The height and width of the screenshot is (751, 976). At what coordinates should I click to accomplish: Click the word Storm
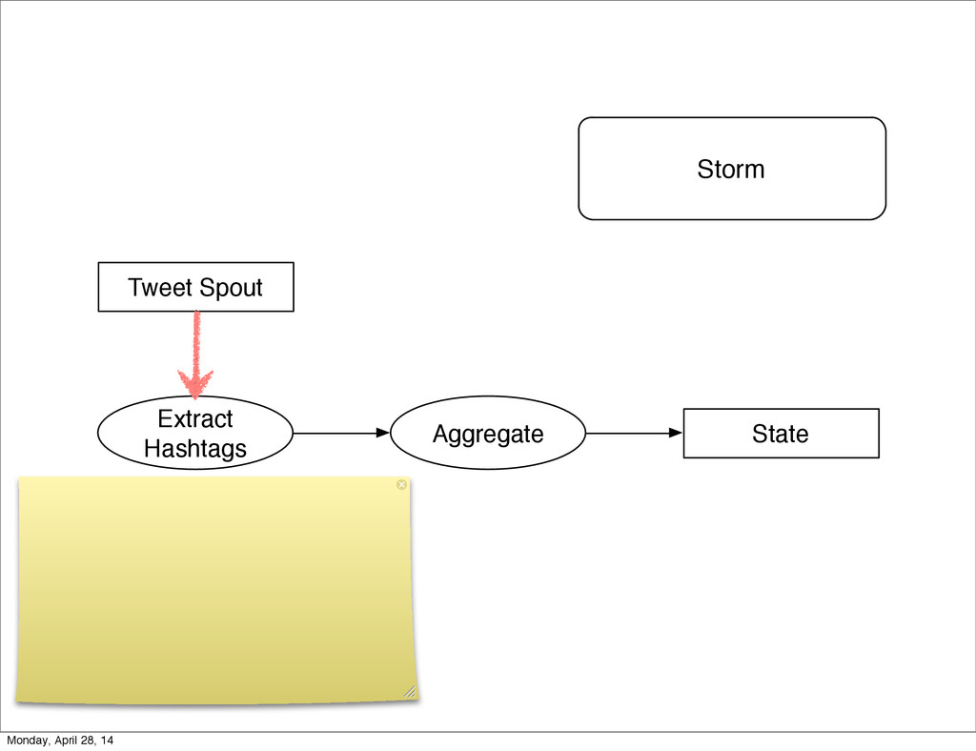point(730,170)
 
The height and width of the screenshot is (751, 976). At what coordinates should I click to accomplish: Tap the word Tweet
point(160,288)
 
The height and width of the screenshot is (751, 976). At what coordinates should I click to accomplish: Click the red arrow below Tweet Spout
point(196,343)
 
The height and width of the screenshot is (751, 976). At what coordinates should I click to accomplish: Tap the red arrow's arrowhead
point(196,383)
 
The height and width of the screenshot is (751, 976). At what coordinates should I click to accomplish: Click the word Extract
point(195,419)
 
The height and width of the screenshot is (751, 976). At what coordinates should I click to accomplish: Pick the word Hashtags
point(195,448)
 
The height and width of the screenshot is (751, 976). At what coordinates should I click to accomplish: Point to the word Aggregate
point(488,435)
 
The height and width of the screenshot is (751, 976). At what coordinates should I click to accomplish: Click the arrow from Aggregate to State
point(634,433)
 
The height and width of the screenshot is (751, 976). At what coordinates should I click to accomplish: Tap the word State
point(780,435)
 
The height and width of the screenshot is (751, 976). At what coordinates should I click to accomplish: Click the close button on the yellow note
point(401,485)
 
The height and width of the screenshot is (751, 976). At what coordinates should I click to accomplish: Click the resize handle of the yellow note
point(409,691)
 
